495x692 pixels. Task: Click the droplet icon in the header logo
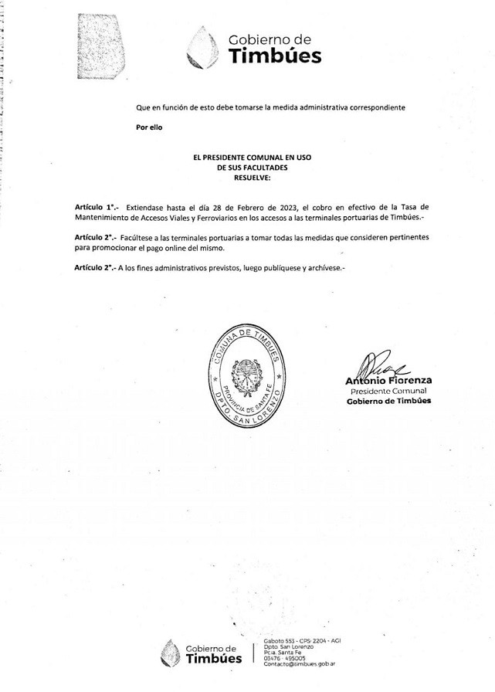(203, 47)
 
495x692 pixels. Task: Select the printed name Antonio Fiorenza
(388, 381)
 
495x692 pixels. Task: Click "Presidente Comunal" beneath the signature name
(388, 392)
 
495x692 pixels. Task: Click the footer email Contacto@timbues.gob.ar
(299, 663)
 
